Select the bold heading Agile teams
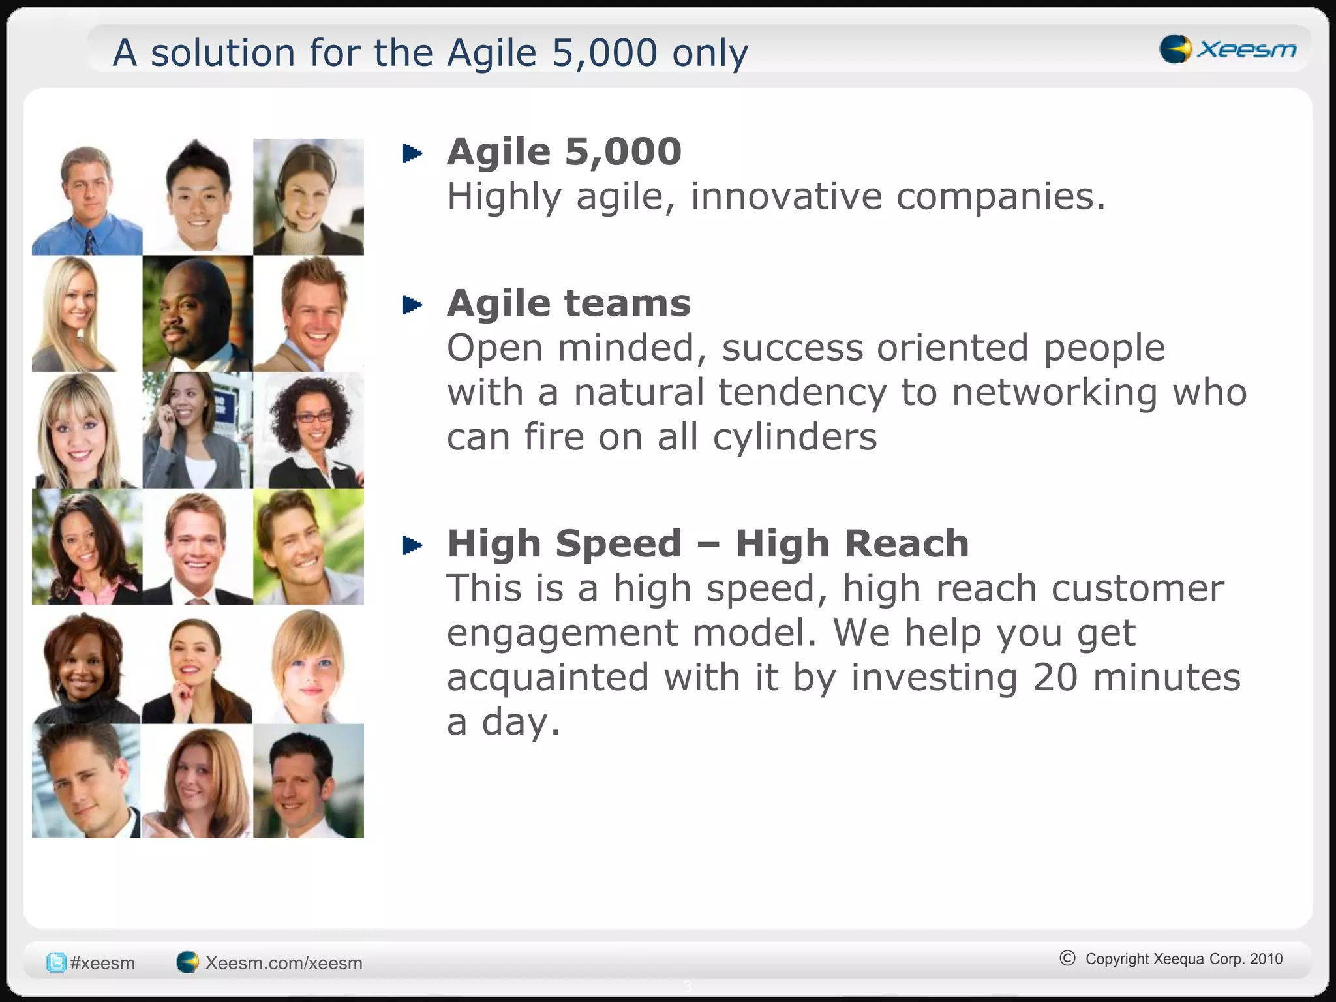pyautogui.click(x=568, y=303)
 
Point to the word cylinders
pyautogui.click(x=795, y=436)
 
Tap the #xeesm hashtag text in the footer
pyautogui.click(x=102, y=963)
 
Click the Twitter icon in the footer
pyautogui.click(x=56, y=963)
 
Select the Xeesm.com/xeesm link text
pyautogui.click(x=283, y=963)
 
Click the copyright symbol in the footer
pyautogui.click(x=1067, y=958)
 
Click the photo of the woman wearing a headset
pyautogui.click(x=308, y=196)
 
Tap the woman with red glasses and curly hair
pyautogui.click(x=308, y=431)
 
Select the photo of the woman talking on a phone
pyautogui.click(x=196, y=431)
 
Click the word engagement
pyautogui.click(x=562, y=633)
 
